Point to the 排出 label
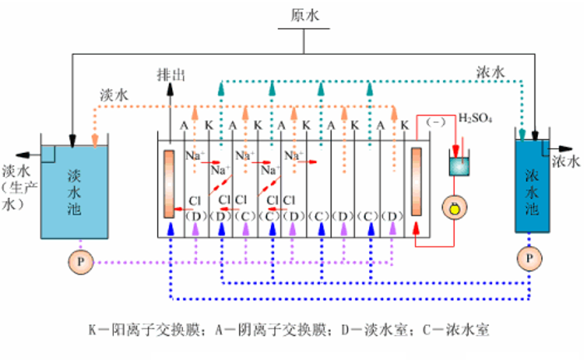pos(170,75)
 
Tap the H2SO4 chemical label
pos(476,119)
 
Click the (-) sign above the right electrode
pos(436,122)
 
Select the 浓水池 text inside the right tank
pos(533,190)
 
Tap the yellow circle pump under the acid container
pos(455,207)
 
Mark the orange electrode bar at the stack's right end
pos(418,183)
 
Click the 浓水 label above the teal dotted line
pos(490,73)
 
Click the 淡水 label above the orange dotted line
pos(113,96)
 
